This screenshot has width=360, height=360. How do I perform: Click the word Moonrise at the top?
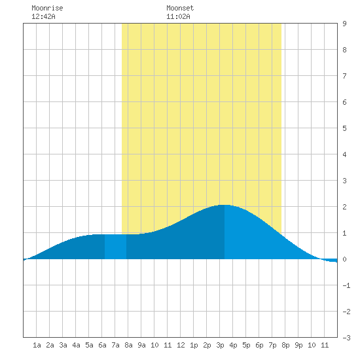(47, 8)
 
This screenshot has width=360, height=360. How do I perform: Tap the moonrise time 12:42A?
(43, 16)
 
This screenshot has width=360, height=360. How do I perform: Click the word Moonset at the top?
(180, 8)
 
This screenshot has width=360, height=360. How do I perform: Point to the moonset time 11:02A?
(178, 16)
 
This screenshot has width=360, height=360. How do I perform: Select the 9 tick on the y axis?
(344, 24)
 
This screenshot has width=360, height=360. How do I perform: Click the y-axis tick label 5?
(344, 128)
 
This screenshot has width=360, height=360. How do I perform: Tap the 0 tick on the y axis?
(344, 259)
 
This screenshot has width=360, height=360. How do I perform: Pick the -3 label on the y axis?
(346, 338)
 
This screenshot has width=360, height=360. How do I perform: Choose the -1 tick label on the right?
(346, 285)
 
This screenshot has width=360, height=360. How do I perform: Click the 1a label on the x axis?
(37, 345)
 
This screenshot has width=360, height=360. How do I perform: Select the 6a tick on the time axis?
(102, 345)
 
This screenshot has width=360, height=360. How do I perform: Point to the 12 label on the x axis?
(181, 345)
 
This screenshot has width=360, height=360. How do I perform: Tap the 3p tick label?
(220, 345)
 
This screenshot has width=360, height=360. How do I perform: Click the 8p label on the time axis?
(285, 345)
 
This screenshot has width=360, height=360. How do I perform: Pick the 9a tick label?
(141, 345)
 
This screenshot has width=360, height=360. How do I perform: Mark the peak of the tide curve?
(224, 205)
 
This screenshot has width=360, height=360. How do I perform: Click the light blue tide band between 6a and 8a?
(115, 247)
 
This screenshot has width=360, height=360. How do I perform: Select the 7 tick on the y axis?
(344, 76)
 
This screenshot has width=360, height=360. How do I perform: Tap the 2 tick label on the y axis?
(344, 207)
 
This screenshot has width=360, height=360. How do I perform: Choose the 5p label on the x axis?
(246, 345)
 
